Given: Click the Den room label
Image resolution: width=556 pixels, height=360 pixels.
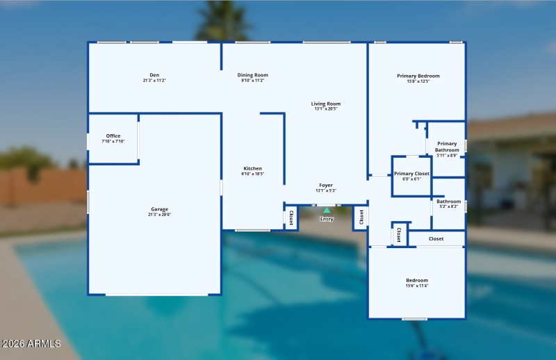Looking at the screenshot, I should click(x=154, y=75).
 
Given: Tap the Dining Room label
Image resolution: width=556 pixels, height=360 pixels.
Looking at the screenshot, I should click(x=252, y=75).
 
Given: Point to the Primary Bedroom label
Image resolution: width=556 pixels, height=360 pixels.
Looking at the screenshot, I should click(x=418, y=76).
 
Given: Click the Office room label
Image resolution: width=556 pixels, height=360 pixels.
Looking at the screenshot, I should click(x=113, y=136).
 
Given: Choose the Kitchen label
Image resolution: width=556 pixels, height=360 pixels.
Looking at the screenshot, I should click(x=252, y=168).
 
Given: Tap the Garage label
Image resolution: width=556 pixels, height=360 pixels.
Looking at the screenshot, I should click(x=160, y=209).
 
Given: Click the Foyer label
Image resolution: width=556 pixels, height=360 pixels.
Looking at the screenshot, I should click(x=326, y=185).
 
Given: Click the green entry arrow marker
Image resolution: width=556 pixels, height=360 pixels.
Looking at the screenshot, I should click(x=327, y=210).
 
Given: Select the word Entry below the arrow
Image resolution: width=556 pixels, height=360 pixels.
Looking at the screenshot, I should click(x=327, y=219).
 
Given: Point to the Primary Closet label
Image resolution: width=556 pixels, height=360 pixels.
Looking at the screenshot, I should click(x=411, y=173).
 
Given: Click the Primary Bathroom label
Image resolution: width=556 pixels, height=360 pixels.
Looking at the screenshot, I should click(x=447, y=147).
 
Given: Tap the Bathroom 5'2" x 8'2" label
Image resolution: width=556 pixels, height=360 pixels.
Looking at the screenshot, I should click(x=448, y=202).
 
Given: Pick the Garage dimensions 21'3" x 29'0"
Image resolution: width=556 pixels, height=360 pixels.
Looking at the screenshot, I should click(x=160, y=215).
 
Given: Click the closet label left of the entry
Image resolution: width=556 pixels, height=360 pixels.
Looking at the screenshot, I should click(x=291, y=218).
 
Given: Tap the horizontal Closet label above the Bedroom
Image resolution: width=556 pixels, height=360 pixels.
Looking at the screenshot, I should click(x=436, y=238).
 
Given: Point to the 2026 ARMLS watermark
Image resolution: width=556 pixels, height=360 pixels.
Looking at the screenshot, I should click(x=31, y=344).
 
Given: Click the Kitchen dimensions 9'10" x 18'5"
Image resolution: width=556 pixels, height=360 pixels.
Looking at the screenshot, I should click(x=252, y=174).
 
